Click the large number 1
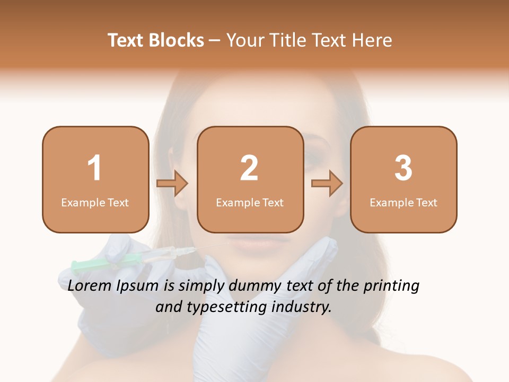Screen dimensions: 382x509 pos(95,168)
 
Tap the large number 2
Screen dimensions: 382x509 pos(249,168)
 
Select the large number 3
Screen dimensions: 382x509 pos(403,168)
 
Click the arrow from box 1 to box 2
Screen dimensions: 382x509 pos(173,184)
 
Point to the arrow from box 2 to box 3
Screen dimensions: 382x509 pos(327,184)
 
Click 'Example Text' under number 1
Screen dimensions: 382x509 pos(95,203)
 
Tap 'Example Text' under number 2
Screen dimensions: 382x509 pos(250,203)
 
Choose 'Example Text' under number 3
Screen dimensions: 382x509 pos(403,203)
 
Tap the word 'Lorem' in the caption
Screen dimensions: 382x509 pos(90,286)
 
